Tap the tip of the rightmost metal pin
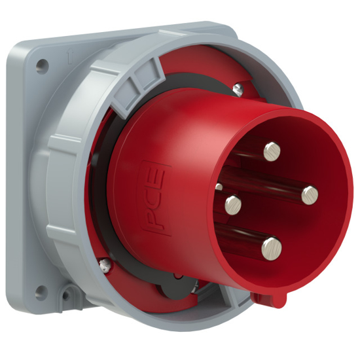[310, 193]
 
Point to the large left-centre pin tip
[231, 206]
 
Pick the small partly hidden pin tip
[219, 187]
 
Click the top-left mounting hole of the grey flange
[43, 65]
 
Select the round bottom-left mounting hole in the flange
[43, 289]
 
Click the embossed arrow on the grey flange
[69, 58]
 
